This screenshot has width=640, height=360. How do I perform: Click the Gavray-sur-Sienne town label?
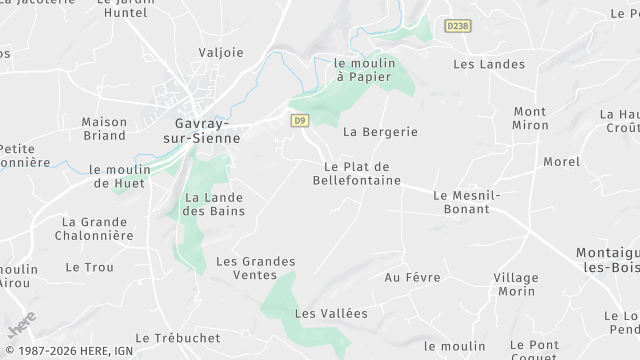[x=195, y=132]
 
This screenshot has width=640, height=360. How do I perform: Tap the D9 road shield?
[x=299, y=120]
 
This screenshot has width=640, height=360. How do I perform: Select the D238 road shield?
[x=458, y=25]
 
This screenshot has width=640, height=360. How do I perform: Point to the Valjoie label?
[x=221, y=52]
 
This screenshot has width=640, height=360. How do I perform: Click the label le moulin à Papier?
[x=366, y=70]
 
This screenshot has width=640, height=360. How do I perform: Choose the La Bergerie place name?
[x=379, y=131]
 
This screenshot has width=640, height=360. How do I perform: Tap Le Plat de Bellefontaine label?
[x=357, y=173]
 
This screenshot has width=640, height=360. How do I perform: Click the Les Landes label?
[x=489, y=64]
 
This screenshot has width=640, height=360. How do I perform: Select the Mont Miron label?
[x=531, y=118]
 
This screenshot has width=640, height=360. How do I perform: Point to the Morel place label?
[x=561, y=161]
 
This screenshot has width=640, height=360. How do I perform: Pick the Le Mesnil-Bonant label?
[x=462, y=202]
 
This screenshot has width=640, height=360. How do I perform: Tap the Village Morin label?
[x=516, y=284]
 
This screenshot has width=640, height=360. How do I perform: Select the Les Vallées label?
[x=332, y=313]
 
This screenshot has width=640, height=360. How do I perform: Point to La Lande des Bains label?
[x=213, y=204]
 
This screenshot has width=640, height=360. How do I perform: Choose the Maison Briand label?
[x=104, y=129]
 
